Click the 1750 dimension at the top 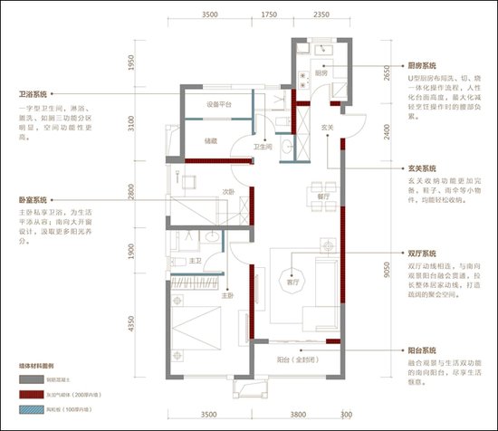click(x=268, y=15)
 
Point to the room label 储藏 click(x=210, y=140)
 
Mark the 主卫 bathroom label click(x=195, y=261)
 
